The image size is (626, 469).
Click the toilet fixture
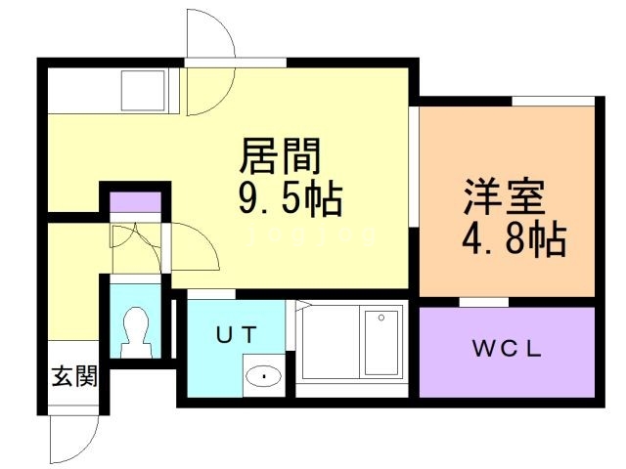coord(134,329)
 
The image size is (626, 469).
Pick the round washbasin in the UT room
coord(263,374)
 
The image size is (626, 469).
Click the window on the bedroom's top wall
coord(553,100)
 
